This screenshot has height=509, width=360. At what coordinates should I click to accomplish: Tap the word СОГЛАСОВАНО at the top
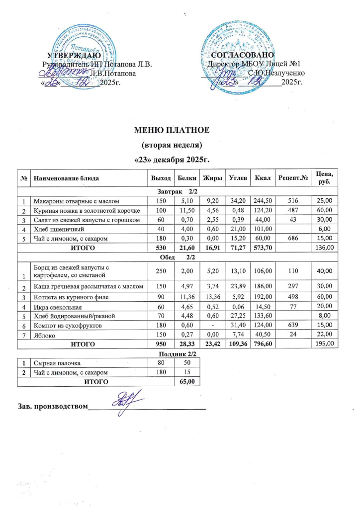point(243,55)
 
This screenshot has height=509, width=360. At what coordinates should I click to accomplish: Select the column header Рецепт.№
point(291,177)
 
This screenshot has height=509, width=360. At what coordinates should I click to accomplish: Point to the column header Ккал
point(263,177)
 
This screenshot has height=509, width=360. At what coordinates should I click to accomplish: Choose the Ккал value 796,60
point(263,343)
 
